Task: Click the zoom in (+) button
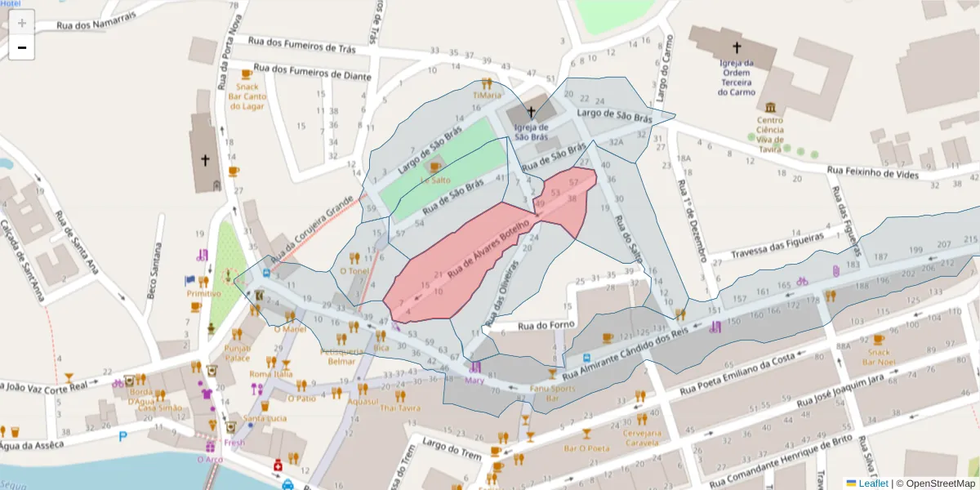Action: pos(22,24)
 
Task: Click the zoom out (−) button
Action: pos(22,48)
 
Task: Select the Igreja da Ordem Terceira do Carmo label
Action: pos(736,77)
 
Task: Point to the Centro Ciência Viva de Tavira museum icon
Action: pos(770,107)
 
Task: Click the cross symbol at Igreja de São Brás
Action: pos(531,111)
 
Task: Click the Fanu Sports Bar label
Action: pos(552,393)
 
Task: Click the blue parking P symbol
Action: pos(123,437)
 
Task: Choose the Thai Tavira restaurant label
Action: pos(400,408)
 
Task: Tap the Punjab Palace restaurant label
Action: pos(237,353)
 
